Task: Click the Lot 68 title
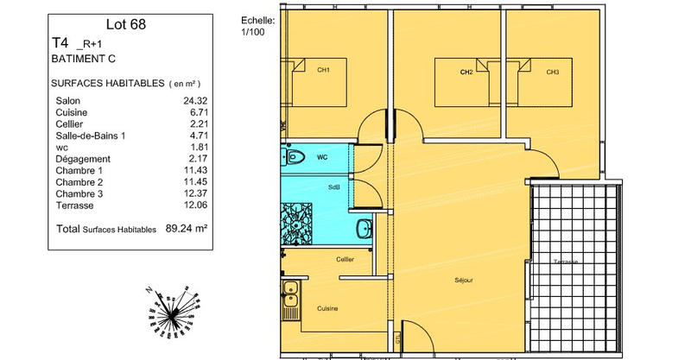[x=125, y=24]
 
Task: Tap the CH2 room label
[x=466, y=73]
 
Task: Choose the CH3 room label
[x=552, y=73]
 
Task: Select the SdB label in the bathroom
[x=333, y=187]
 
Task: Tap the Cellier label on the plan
[x=345, y=259]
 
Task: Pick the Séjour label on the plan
[x=464, y=281]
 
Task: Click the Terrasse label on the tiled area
[x=566, y=262]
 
